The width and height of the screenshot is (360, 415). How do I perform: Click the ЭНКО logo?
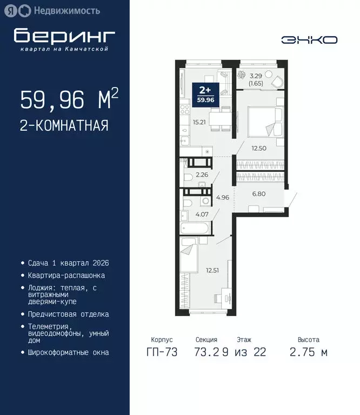click(309, 39)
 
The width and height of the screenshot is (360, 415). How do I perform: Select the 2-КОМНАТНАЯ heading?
click(64, 126)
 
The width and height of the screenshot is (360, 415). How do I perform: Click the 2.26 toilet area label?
click(202, 175)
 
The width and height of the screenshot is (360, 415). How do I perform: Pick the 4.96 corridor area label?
click(223, 197)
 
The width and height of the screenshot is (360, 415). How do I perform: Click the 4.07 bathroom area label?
click(202, 214)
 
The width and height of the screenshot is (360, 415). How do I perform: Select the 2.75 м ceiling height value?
click(308, 353)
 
